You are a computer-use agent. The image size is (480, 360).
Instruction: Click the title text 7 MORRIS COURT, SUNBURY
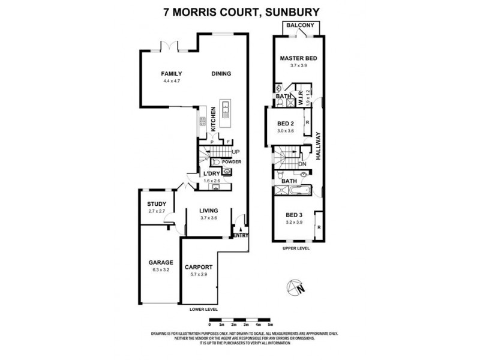[x=240, y=11]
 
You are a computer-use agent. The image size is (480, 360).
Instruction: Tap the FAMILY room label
[x=171, y=73]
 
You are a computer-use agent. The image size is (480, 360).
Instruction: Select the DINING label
[x=221, y=73]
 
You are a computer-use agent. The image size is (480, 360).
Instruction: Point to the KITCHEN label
[x=212, y=119]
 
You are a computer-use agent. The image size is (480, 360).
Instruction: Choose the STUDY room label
[x=156, y=204]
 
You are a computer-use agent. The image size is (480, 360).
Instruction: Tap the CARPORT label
[x=198, y=267]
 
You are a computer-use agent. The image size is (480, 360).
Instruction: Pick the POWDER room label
[x=231, y=162]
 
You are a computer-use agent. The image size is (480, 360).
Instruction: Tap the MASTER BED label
[x=298, y=58]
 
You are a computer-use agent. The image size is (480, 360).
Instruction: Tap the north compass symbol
[x=296, y=289]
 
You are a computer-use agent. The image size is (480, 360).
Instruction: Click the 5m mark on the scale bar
[x=271, y=324]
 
